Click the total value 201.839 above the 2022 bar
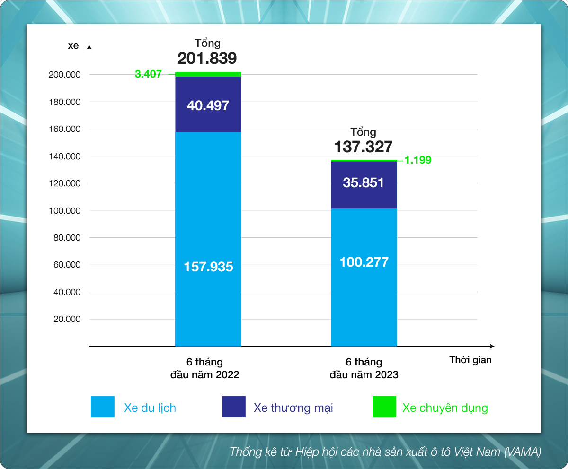207,58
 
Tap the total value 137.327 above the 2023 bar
363,147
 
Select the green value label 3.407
148,74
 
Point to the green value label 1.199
418,160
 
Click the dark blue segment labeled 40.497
208,104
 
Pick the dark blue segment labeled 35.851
364,185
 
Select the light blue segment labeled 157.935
208,239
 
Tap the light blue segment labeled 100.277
364,278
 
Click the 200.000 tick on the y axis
64,75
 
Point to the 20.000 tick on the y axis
67,319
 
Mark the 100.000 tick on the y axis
64,210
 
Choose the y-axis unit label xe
73,46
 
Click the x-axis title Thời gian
470,360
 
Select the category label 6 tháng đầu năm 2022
204,368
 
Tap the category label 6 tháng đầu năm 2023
364,368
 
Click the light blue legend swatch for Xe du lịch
103,407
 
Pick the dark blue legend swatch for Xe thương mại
234,407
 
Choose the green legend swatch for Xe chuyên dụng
384,407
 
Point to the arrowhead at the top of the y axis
89,47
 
